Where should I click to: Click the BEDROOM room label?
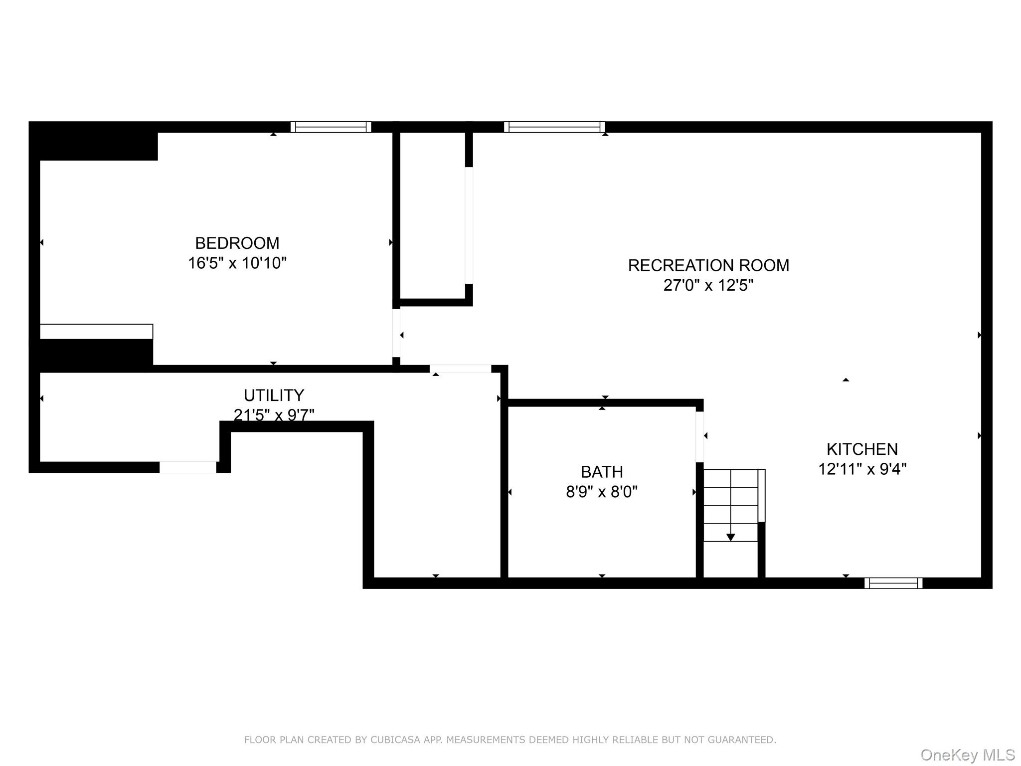[x=237, y=243]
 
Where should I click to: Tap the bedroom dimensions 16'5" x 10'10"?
[x=237, y=263]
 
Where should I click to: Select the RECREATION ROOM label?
[x=708, y=265]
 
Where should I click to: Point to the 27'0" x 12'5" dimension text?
[x=708, y=285]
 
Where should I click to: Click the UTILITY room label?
[x=274, y=395]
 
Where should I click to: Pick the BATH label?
[x=602, y=472]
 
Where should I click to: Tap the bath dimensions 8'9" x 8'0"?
[x=602, y=492]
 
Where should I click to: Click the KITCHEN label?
[x=862, y=449]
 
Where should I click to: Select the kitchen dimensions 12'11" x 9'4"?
[x=862, y=469]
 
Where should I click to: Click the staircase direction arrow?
[x=730, y=537]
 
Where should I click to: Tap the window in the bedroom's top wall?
[x=331, y=127]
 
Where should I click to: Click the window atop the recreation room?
[x=554, y=127]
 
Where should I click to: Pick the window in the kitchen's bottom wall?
[x=893, y=583]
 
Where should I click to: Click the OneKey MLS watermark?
[x=968, y=755]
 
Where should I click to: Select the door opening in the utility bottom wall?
[x=188, y=467]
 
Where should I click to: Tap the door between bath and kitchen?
[x=700, y=436]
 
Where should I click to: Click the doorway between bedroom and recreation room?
[x=396, y=333]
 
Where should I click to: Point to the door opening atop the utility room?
[x=461, y=369]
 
